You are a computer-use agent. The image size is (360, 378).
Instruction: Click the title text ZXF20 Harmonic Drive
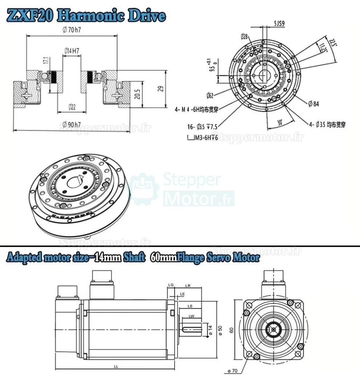87,16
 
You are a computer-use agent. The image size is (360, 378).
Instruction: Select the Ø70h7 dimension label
72,31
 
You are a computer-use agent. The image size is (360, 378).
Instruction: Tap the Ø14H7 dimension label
72,51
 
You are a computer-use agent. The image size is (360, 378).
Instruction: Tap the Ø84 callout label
313,104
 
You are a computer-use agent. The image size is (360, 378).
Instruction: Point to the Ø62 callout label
209,96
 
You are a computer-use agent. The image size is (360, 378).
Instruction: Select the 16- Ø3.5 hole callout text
199,127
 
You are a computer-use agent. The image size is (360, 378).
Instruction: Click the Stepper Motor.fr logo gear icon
144,190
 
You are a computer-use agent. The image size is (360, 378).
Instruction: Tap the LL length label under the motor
116,367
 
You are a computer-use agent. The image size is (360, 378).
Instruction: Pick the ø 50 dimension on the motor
220,329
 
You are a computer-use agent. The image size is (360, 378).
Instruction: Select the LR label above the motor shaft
188,286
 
